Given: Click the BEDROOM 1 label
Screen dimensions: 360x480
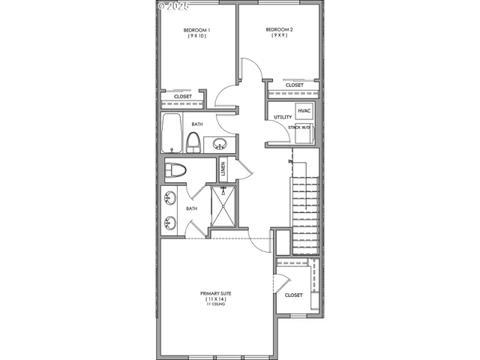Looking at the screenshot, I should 198,30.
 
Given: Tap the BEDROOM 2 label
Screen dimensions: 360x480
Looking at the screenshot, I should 279,30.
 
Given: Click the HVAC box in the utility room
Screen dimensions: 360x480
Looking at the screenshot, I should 304,112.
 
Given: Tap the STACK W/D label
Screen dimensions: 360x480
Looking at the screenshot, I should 299,127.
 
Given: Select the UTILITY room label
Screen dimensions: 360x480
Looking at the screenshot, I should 283,118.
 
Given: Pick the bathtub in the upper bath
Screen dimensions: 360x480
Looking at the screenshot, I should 172,133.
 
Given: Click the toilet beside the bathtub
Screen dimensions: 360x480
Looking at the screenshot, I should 193,142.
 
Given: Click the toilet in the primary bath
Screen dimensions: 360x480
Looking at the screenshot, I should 175,170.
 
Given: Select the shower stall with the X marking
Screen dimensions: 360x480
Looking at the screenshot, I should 223,205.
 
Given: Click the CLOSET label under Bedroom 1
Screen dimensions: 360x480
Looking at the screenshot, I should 183,97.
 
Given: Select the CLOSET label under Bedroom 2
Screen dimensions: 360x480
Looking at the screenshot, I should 295,85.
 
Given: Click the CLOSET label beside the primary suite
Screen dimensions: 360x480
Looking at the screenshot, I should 294,295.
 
